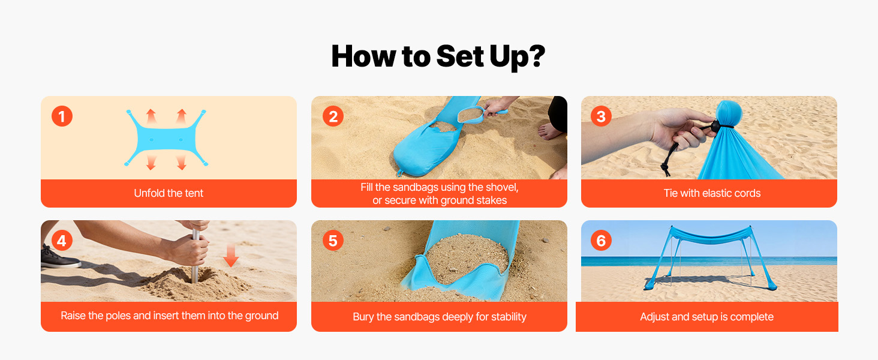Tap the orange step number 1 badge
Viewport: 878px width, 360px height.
[62, 116]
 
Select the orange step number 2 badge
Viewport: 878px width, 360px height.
[333, 116]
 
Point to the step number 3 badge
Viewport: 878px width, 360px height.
[601, 116]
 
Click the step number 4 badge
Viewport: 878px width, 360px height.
[62, 241]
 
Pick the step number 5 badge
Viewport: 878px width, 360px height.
[333, 241]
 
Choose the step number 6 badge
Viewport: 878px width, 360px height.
[601, 241]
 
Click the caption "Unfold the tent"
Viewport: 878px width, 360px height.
[169, 193]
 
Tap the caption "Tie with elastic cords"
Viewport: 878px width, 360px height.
[712, 193]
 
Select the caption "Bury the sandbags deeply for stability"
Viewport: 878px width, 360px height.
[440, 316]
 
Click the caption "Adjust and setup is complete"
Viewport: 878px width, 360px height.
[706, 316]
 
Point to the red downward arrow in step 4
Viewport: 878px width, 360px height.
[231, 255]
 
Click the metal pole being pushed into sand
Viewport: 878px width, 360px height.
[195, 257]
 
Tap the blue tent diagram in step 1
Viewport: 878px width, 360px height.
[166, 139]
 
